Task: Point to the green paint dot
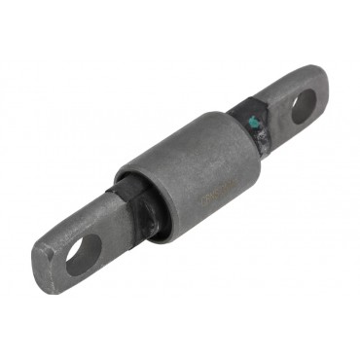(x=254, y=123)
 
